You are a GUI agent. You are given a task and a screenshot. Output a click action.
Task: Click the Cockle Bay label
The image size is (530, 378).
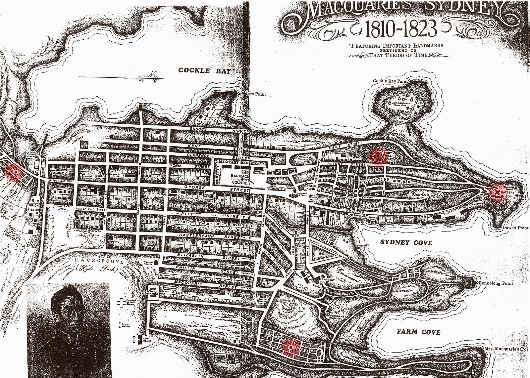click(204, 70)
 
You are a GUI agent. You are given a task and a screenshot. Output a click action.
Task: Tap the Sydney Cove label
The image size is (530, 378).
click(406, 242)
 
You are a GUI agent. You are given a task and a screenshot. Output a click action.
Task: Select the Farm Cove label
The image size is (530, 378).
click(419, 332)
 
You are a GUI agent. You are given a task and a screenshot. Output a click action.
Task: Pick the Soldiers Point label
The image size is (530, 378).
click(252, 94)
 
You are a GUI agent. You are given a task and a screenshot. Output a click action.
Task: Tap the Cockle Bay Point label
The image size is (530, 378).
click(390, 81)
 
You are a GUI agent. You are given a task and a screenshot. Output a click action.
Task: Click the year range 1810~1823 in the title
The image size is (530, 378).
click(400, 29)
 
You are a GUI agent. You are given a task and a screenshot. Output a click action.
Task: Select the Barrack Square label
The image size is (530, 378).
click(239, 180)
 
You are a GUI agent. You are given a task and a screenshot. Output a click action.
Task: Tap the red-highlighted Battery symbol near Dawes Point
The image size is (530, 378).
click(497, 192)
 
